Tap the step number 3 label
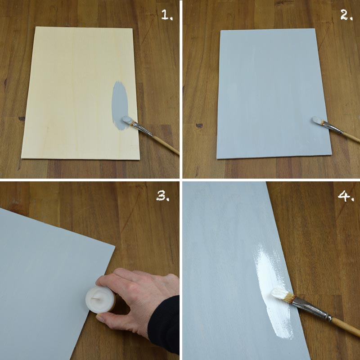162,195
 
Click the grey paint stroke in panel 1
119,103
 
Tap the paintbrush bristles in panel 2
319,120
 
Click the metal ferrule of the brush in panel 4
310,308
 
